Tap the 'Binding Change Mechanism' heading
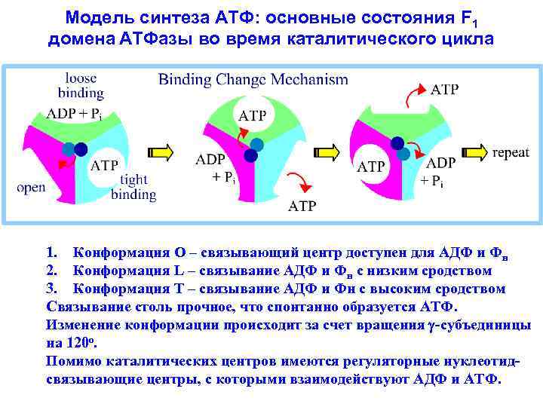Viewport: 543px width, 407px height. (253, 79)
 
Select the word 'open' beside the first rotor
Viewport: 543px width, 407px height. (32, 188)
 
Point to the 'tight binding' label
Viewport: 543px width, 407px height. (133, 187)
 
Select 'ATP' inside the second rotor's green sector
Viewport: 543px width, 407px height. (252, 115)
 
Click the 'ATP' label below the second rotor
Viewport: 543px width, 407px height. (303, 206)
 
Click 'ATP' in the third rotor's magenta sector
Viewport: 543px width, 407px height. (371, 167)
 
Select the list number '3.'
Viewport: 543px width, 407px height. (53, 289)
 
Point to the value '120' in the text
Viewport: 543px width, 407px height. (76, 343)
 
